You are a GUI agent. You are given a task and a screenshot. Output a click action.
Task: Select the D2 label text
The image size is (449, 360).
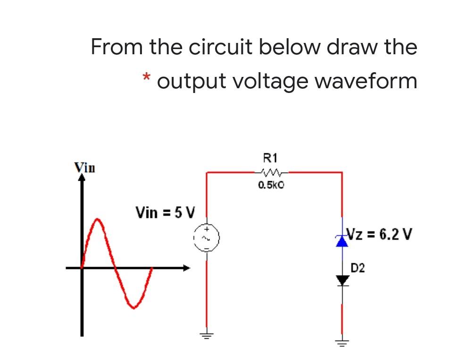pos(358,269)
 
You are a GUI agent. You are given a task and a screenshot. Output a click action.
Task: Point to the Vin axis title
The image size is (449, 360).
pos(84,167)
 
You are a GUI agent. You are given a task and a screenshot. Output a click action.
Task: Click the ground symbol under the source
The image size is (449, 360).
pos(206,335)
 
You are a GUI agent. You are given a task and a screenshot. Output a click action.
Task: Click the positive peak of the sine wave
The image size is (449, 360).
pos(98,220)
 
